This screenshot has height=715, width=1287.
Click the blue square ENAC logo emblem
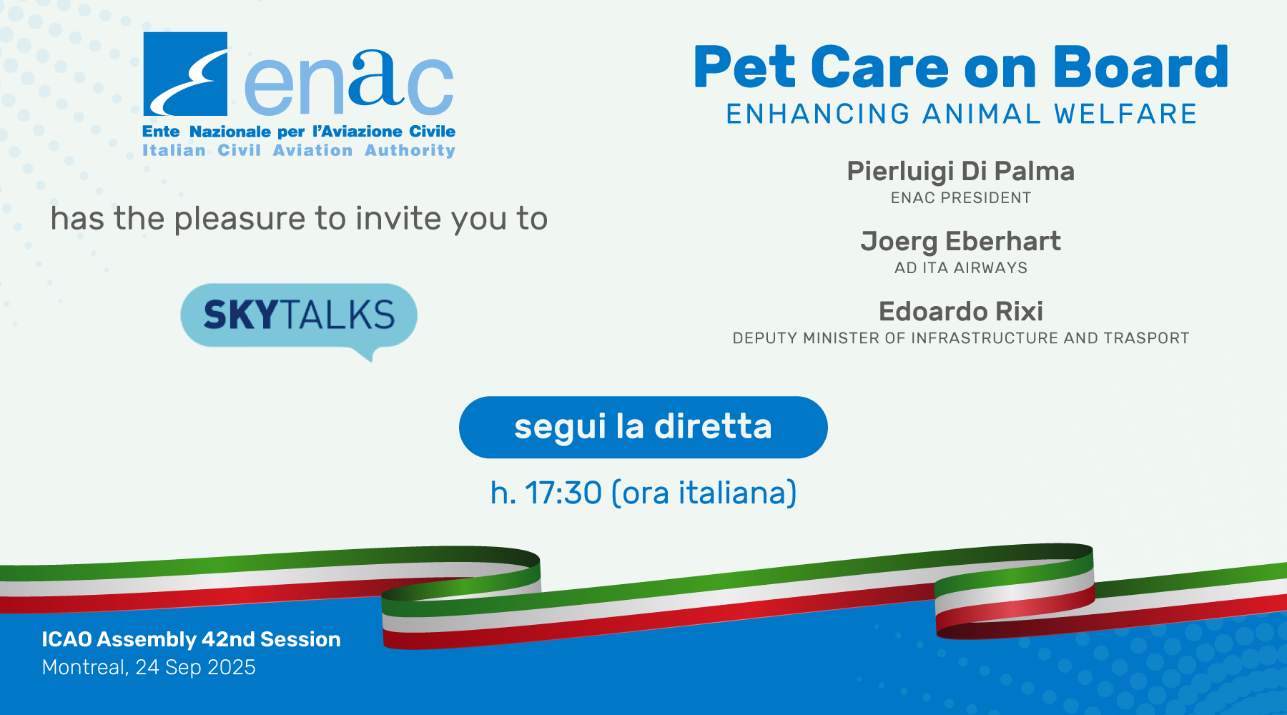(185, 74)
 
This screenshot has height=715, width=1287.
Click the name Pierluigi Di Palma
(960, 172)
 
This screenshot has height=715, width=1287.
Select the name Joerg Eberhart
(960, 242)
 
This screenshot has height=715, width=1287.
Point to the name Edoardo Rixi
(960, 311)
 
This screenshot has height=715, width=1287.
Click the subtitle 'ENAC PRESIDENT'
(960, 198)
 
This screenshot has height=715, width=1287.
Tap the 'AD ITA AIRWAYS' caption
(960, 268)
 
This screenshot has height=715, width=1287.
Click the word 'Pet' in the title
(744, 67)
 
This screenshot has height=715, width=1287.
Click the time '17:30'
(563, 493)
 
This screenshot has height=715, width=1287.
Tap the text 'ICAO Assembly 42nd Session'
(191, 639)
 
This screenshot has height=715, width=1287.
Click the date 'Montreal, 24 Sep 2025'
(149, 667)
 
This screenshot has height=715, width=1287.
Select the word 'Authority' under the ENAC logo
(410, 151)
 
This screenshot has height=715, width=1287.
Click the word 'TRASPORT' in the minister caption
(1146, 338)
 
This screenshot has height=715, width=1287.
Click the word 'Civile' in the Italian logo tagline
(432, 132)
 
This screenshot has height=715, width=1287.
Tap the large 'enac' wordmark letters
(349, 82)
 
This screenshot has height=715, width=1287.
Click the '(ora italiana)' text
(704, 493)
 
